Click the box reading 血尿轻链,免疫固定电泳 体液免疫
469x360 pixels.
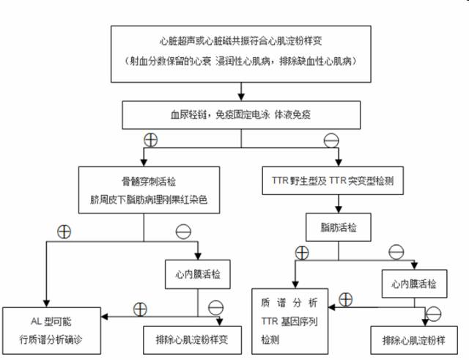click(x=242, y=115)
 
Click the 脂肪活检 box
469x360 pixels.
click(x=338, y=228)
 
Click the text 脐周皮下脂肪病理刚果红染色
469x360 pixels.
click(x=149, y=199)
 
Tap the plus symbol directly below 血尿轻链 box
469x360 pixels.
click(x=150, y=139)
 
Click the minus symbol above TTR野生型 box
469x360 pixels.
click(x=331, y=139)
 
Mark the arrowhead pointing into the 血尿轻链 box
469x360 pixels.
click(x=241, y=98)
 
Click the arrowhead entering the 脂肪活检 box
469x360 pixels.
click(x=338, y=213)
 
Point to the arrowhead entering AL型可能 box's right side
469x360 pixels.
click(x=106, y=316)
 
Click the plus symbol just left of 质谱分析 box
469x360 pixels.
click(x=347, y=300)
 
